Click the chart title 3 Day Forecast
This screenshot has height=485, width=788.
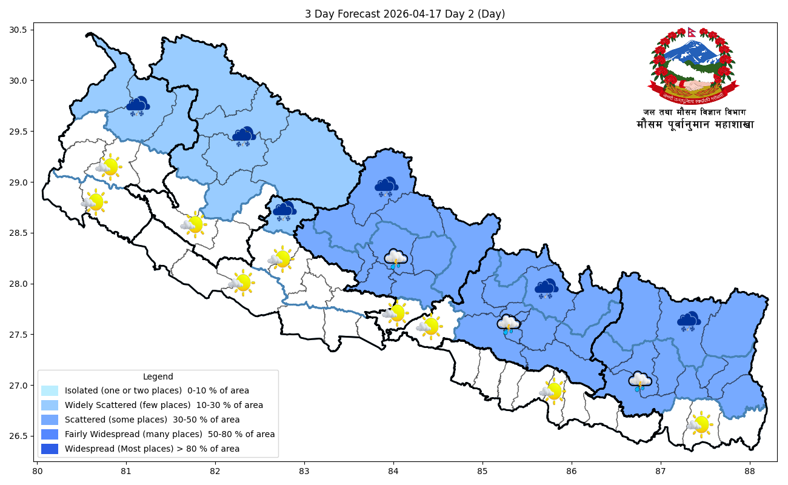point(404,14)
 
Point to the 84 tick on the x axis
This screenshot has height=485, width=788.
point(393,470)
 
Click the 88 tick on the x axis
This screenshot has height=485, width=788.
point(750,470)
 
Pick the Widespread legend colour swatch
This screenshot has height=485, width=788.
point(50,449)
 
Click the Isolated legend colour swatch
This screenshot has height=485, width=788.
point(50,391)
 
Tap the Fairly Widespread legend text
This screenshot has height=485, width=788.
point(170,435)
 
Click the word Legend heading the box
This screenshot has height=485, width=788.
point(158,376)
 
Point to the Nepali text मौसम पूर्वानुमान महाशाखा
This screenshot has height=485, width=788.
point(695,125)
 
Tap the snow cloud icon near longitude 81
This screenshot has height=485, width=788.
point(139,106)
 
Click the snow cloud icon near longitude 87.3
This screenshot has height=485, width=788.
point(689,322)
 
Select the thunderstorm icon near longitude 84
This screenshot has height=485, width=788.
point(396,259)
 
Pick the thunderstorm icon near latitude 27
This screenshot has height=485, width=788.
point(639,381)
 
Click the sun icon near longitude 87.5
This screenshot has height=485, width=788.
point(700,424)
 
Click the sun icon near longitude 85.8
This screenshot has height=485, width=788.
point(552,391)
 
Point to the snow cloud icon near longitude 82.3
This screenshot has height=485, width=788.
point(244,137)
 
